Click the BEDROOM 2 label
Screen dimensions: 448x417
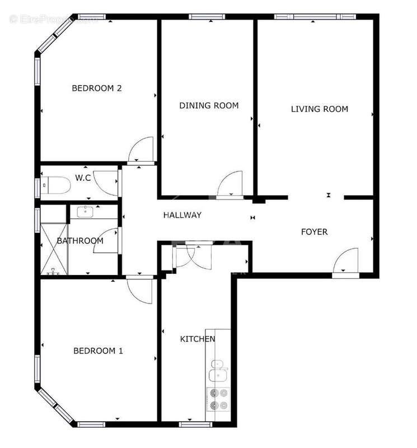point(97,88)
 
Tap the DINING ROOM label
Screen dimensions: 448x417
point(209,105)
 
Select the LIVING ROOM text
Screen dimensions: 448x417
point(319,109)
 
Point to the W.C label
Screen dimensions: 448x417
point(83,178)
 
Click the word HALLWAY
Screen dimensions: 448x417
point(182,215)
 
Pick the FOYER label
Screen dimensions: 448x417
point(315,232)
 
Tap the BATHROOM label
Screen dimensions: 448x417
point(80,241)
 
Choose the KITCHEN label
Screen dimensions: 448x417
point(197,339)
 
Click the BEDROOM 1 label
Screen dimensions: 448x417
point(98,351)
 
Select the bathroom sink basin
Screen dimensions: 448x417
point(86,212)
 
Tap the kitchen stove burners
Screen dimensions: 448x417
point(218,399)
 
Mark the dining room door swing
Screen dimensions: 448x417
point(229,185)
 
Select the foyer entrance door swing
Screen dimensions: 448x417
point(346,262)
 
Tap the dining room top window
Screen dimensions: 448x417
point(207,17)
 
